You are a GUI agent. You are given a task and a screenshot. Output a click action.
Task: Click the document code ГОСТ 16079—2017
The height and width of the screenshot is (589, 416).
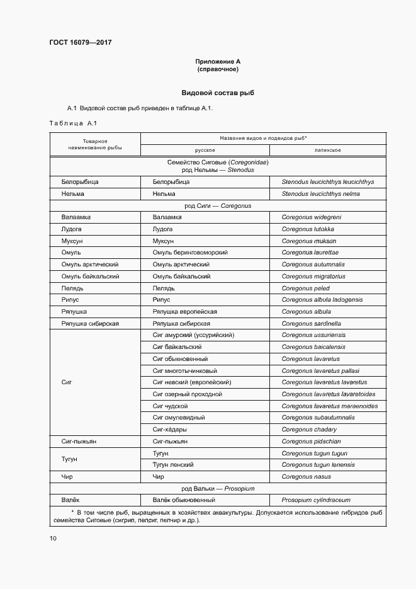[80, 43]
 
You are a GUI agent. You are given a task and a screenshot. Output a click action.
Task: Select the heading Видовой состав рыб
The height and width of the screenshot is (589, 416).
[218, 93]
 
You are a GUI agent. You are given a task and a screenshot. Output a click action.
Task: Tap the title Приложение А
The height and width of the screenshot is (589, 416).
[218, 61]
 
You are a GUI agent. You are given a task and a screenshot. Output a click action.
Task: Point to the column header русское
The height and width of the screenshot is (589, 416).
[205, 150]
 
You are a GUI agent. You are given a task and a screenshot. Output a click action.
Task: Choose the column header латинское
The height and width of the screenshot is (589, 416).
[328, 150]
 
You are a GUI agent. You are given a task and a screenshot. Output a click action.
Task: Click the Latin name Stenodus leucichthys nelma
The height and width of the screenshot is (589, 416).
[320, 194]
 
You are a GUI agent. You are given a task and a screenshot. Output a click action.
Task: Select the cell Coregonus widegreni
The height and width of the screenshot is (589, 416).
[311, 217]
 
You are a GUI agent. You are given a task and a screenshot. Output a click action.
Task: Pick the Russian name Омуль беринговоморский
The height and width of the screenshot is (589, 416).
[189, 253]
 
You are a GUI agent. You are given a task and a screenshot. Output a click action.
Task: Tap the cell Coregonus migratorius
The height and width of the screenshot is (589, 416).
[313, 277]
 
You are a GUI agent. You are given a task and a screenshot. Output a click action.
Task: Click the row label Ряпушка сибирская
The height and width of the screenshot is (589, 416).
[90, 324]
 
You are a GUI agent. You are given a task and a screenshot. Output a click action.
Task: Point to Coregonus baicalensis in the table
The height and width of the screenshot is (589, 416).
[313, 347]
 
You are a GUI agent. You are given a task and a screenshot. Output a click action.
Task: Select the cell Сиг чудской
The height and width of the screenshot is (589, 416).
[170, 406]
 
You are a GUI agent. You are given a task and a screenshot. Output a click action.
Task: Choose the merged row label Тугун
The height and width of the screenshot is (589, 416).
[70, 459]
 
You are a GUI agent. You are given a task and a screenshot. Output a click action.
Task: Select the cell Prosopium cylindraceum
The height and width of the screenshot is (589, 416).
[316, 500]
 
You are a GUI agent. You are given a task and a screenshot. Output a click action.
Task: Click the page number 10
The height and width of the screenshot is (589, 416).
[53, 539]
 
